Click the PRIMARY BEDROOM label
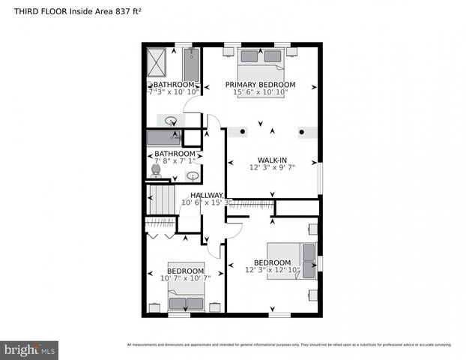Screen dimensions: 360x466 click(260, 85)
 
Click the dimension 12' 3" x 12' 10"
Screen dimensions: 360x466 click(272, 270)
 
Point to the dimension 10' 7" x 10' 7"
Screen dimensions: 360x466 click(185, 278)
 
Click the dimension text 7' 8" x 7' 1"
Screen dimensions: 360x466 click(175, 160)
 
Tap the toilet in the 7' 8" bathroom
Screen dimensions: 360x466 click(156, 171)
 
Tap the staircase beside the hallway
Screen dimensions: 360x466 click(162, 201)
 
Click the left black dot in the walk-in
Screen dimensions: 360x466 click(242, 132)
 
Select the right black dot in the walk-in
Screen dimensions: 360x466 click(302, 132)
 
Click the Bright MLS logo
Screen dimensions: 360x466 click(29, 349)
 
